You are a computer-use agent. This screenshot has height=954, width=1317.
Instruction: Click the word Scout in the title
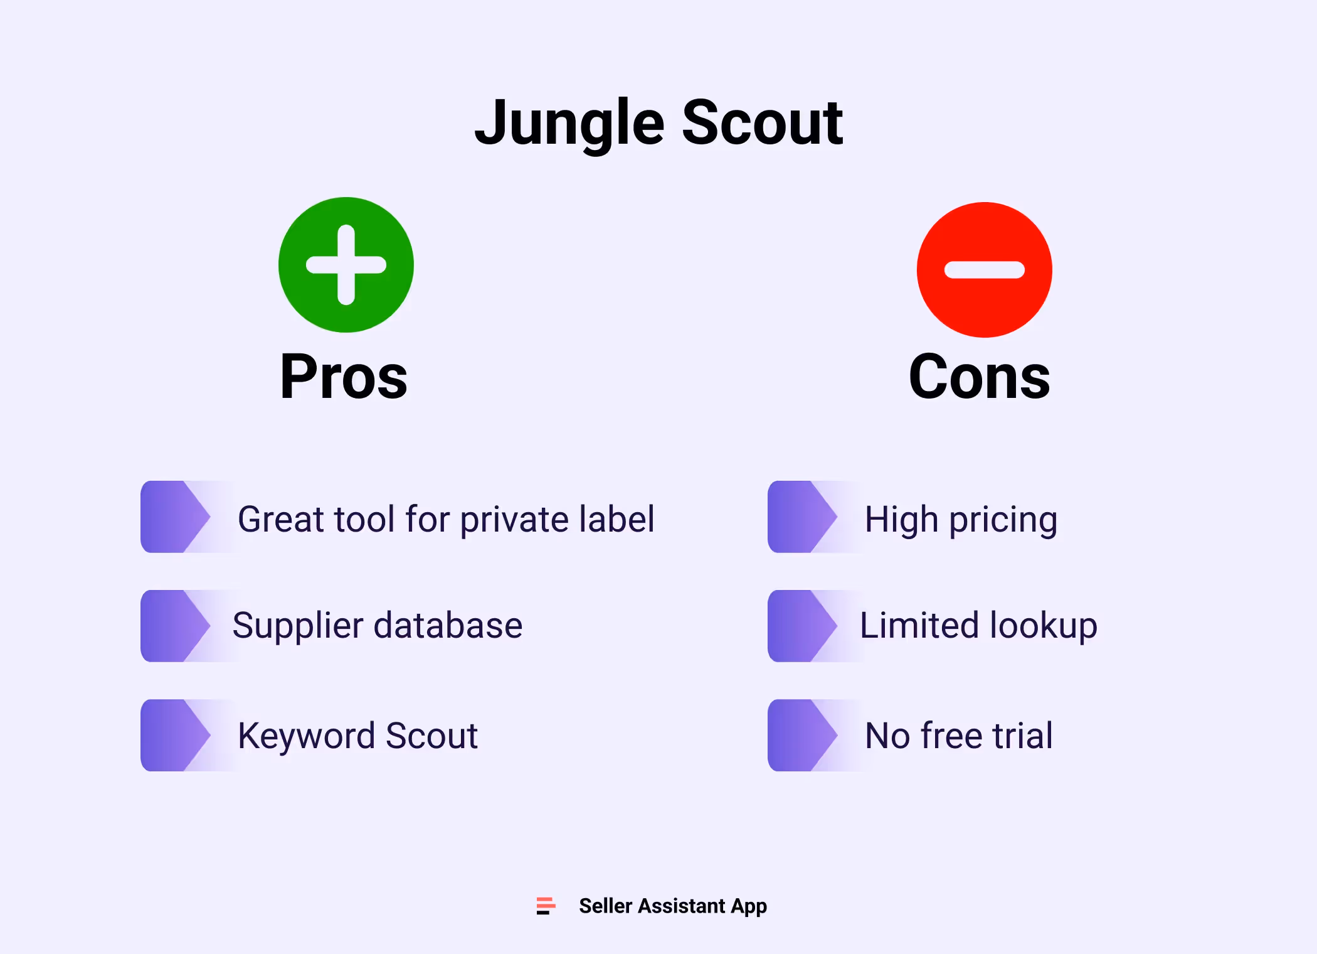point(762,124)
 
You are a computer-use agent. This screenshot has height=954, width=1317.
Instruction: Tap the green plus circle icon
point(346,265)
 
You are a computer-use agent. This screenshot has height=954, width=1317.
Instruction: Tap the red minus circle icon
point(984,270)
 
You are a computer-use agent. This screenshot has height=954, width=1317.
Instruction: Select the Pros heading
point(344,377)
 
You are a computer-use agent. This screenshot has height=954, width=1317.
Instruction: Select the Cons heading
point(979,377)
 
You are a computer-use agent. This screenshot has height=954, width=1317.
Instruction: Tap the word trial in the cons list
point(1022,736)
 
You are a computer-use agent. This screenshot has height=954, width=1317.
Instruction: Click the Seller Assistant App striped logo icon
point(546,906)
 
